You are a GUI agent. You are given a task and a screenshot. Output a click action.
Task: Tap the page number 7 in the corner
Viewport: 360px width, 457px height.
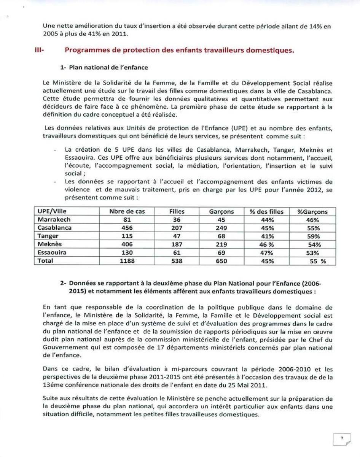click(x=342, y=438)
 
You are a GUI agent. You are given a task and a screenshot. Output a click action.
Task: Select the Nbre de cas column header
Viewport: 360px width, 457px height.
click(x=127, y=212)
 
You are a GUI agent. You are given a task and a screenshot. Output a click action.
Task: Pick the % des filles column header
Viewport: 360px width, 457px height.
click(x=266, y=212)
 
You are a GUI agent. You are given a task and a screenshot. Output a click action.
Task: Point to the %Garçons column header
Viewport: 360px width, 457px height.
click(x=312, y=212)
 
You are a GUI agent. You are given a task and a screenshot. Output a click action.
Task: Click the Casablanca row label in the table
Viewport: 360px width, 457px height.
click(x=54, y=228)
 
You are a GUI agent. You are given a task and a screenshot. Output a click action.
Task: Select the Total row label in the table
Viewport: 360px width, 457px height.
click(x=45, y=261)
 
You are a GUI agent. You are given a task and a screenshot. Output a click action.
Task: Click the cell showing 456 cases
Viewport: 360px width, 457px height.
click(x=127, y=228)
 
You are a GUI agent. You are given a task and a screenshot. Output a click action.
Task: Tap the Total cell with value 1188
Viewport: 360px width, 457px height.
click(x=127, y=261)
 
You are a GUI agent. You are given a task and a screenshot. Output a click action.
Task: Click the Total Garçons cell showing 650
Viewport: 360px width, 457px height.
click(x=221, y=261)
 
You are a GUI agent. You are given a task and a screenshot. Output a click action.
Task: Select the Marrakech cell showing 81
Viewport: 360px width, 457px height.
click(x=127, y=220)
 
